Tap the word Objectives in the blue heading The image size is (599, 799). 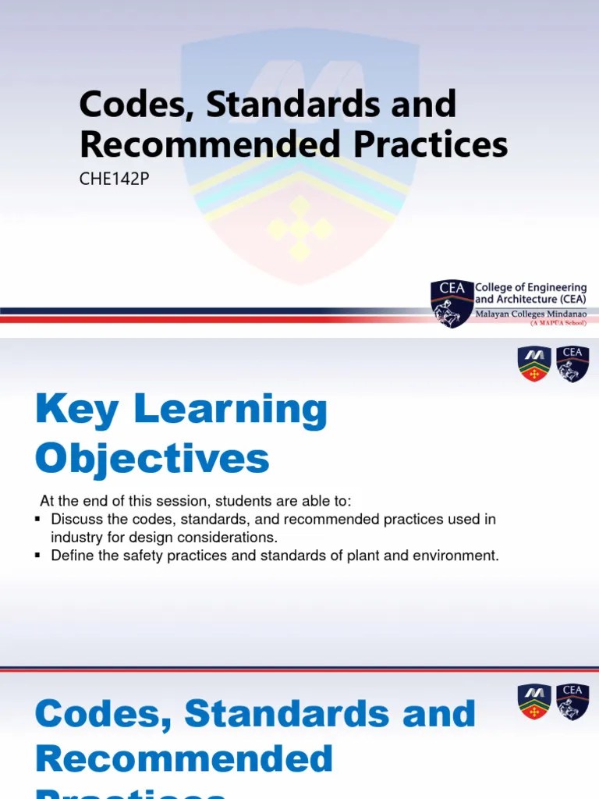pos(152,459)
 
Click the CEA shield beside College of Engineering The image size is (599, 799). pos(452,303)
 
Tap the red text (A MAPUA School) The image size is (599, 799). pos(558,321)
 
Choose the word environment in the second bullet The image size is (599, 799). pos(460,556)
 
